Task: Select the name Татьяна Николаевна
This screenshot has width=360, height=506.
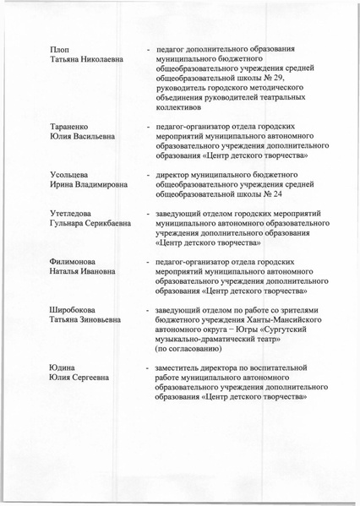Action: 88,60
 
